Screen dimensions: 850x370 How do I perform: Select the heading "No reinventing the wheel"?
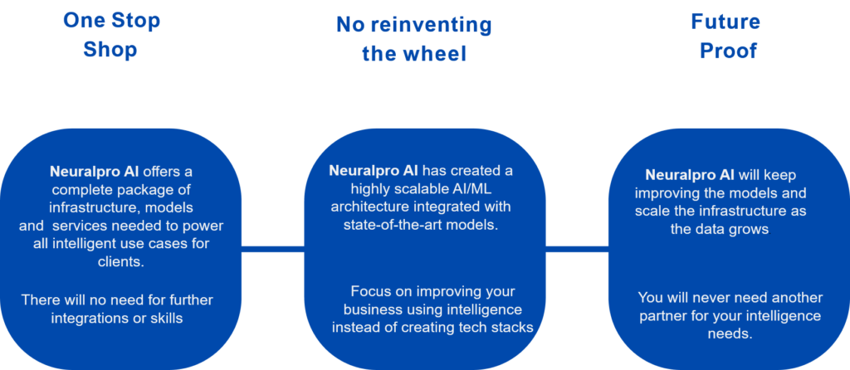(x=414, y=39)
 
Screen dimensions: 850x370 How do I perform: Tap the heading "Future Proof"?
(x=725, y=37)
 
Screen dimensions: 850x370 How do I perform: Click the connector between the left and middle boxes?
(x=272, y=249)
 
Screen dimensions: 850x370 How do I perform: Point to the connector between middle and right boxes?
(x=577, y=249)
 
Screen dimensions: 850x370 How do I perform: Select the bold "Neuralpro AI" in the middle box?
(x=374, y=171)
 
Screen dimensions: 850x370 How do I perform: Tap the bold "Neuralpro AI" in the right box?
(x=690, y=175)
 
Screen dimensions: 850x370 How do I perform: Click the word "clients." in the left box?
(x=121, y=262)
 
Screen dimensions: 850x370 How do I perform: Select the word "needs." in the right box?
(x=730, y=333)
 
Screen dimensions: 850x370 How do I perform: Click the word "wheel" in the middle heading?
(x=437, y=54)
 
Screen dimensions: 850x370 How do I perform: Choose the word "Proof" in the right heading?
(x=728, y=51)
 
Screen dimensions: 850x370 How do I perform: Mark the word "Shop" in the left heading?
(x=110, y=50)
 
